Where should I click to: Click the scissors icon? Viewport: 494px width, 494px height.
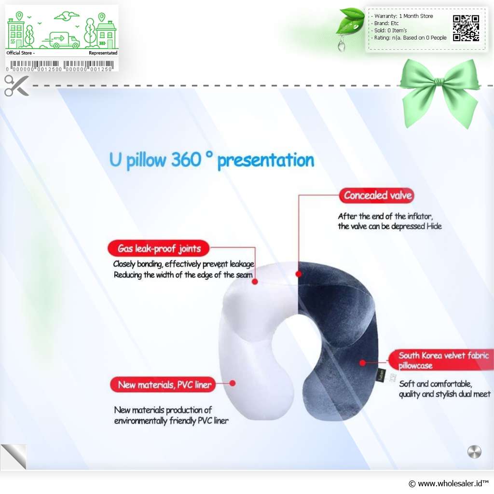(x=17, y=85)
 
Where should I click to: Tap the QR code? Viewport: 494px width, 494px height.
(x=466, y=28)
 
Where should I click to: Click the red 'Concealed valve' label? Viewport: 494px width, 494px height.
(x=376, y=195)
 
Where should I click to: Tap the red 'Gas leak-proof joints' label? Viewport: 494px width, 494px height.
(x=159, y=248)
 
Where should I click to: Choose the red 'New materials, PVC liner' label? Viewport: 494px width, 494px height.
(x=163, y=384)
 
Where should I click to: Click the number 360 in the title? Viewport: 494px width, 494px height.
(x=186, y=159)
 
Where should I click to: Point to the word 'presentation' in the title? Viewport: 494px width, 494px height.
(x=266, y=161)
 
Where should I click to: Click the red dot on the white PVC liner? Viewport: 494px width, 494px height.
(x=233, y=383)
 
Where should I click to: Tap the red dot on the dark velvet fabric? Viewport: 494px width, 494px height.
(x=363, y=363)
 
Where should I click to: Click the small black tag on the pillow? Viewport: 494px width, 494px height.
(x=382, y=375)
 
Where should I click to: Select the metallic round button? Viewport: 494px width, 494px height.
(x=474, y=452)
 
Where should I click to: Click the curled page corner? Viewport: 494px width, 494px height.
(x=14, y=456)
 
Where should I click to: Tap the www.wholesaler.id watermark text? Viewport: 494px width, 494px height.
(x=448, y=483)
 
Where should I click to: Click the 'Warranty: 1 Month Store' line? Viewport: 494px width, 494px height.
(x=404, y=16)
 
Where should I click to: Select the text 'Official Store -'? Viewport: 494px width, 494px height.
(x=20, y=53)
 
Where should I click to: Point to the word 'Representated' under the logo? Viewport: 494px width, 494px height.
(x=103, y=53)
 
